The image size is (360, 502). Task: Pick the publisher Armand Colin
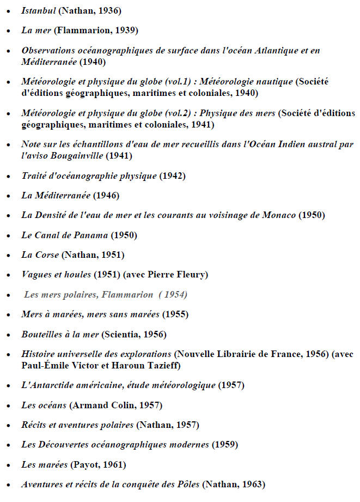103,405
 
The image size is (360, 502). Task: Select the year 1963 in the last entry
250,484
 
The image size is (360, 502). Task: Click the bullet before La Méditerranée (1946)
8,196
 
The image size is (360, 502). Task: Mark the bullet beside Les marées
8,465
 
